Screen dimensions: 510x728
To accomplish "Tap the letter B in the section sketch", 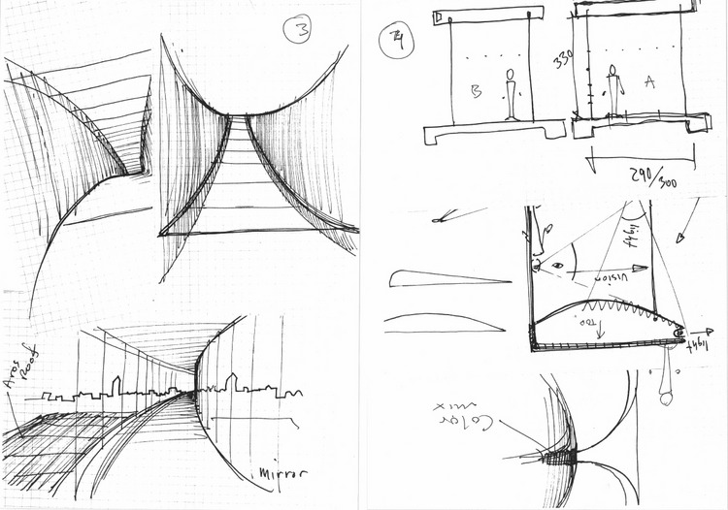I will (x=477, y=92).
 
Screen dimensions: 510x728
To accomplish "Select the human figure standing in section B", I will (x=511, y=94).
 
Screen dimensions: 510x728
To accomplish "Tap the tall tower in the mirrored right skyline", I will (x=231, y=381).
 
